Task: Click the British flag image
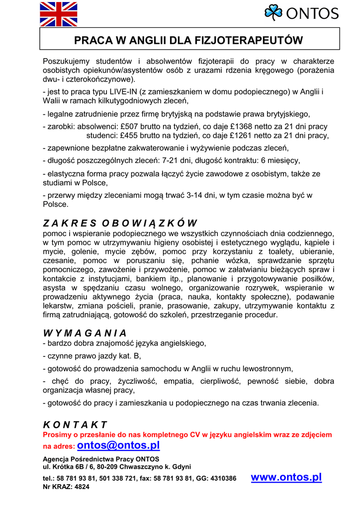pyautogui.click(x=59, y=14)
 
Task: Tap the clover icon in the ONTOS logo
pyautogui.click(x=273, y=12)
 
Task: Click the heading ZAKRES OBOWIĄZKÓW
pyautogui.click(x=120, y=223)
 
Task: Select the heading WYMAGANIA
pyautogui.click(x=85, y=333)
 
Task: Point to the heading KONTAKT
pyautogui.click(x=75, y=424)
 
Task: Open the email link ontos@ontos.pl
pyautogui.click(x=118, y=445)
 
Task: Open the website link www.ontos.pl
pyautogui.click(x=286, y=477)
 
